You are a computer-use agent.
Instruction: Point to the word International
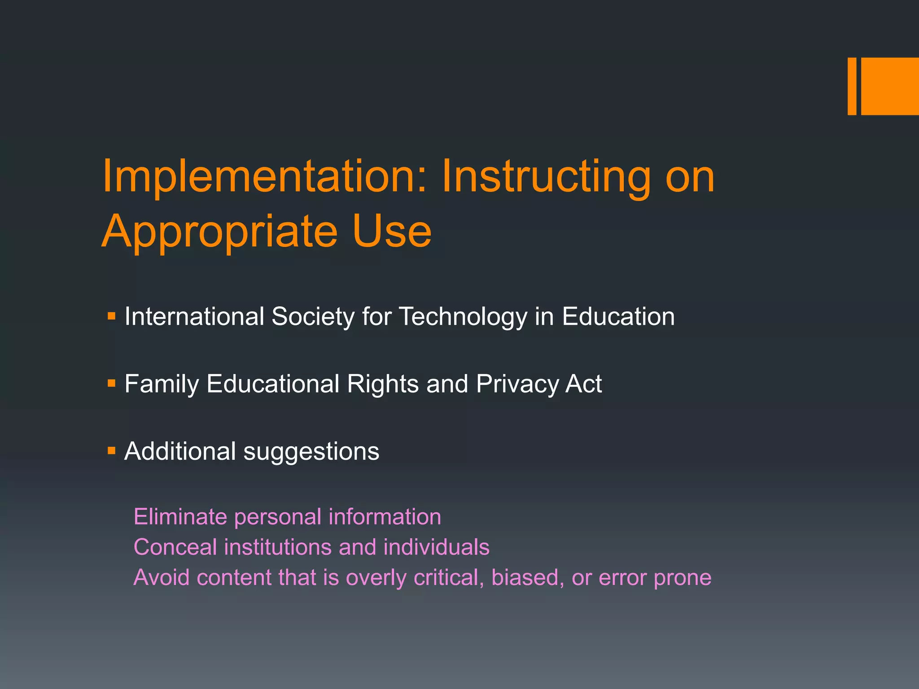pos(194,316)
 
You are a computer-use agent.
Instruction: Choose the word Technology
pos(463,317)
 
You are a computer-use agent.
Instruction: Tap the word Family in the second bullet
pos(162,384)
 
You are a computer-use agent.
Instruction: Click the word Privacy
pos(516,384)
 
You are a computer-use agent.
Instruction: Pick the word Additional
pos(180,451)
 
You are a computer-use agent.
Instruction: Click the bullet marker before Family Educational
pos(112,384)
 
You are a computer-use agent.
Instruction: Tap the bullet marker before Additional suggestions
pos(112,450)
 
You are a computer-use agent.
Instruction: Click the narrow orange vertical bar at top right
pos(852,86)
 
